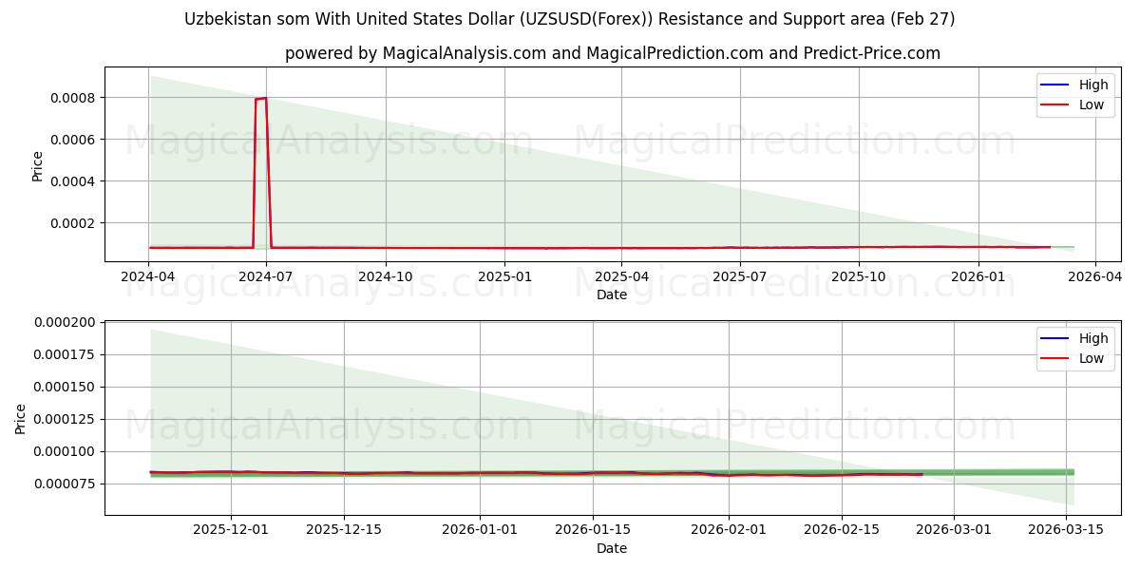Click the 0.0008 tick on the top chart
coord(73,98)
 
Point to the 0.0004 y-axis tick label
coord(73,181)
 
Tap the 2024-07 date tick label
coord(266,276)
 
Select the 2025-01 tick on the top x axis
coord(504,276)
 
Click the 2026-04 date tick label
coord(1094,276)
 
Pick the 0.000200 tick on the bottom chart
coord(65,322)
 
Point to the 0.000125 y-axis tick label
coord(65,419)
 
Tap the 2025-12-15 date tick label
coord(344,529)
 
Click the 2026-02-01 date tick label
coord(729,529)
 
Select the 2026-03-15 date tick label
coord(1066,529)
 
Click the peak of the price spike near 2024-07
coord(265,98)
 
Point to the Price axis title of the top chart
coord(37,166)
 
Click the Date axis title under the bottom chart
coord(612,548)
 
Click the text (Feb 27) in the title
coord(922,19)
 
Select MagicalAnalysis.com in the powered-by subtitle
coord(465,53)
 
